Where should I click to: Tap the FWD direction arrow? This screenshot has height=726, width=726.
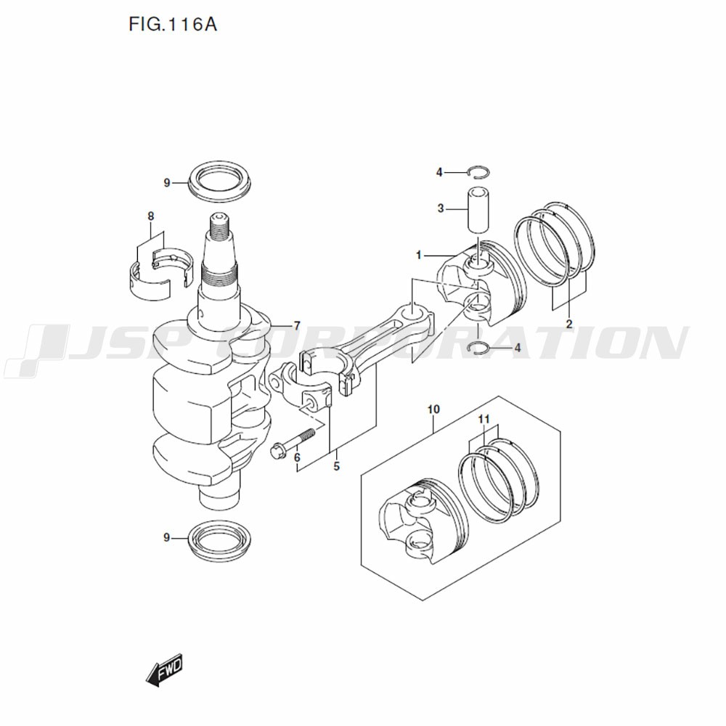[164, 672]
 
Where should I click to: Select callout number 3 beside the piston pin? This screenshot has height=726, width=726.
[440, 209]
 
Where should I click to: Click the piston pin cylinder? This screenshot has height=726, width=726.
[476, 211]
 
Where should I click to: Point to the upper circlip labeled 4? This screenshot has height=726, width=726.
[478, 172]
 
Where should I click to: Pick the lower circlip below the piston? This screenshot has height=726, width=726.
[480, 348]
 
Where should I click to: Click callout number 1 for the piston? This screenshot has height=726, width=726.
[419, 256]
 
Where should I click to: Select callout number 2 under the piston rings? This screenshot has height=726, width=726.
[568, 324]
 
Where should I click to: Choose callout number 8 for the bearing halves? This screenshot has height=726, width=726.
[151, 216]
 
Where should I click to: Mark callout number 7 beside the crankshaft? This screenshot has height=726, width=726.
[296, 326]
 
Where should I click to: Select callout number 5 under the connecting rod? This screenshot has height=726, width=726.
[336, 467]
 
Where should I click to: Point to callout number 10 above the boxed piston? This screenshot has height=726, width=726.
[433, 410]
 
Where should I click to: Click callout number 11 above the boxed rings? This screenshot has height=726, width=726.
[484, 420]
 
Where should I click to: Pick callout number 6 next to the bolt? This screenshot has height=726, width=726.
[296, 457]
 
